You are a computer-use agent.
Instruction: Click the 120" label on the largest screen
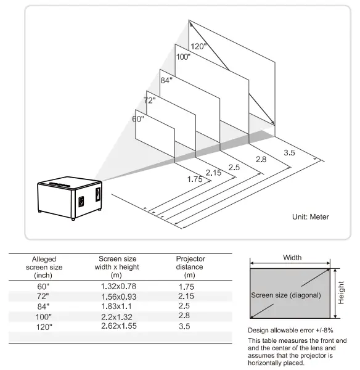tap(198, 46)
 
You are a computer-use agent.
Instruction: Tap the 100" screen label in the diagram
tap(183, 57)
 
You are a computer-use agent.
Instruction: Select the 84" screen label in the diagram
tap(166, 80)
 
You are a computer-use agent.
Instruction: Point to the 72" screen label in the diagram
tap(150, 99)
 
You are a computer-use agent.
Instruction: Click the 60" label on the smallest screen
tap(138, 118)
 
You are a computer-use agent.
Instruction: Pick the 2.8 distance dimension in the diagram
tap(261, 160)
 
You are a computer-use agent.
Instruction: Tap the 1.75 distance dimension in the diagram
tap(195, 179)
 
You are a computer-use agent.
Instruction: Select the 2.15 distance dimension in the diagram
tap(213, 173)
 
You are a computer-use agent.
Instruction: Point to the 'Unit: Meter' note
tap(311, 216)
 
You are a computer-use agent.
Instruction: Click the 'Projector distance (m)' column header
tap(190, 266)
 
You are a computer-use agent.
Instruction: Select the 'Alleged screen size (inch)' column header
tap(44, 267)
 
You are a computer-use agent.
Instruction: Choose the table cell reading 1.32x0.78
tap(118, 286)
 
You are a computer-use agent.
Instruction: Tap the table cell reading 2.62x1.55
tap(118, 325)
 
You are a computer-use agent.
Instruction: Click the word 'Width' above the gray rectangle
tap(292, 257)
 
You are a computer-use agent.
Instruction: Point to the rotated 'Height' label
tap(341, 289)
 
